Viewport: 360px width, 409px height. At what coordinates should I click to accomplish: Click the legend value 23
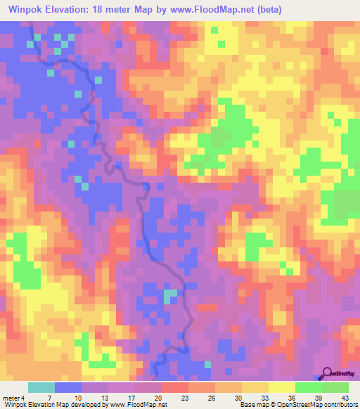click(184, 397)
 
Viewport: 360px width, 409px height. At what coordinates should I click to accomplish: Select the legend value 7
click(49, 397)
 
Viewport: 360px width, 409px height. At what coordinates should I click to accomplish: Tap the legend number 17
click(130, 397)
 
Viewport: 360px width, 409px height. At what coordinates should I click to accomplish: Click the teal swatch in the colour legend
click(41, 387)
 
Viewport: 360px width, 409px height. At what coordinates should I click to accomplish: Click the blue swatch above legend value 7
click(68, 387)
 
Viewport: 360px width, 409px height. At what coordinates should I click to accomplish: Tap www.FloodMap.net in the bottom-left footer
click(134, 405)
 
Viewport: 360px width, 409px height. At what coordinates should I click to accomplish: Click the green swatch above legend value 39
click(309, 387)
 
